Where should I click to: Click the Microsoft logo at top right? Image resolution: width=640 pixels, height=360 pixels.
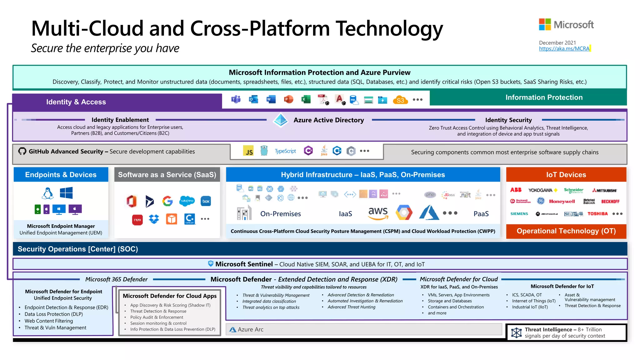point(566,24)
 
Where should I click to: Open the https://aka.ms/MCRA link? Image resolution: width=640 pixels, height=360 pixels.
point(564,49)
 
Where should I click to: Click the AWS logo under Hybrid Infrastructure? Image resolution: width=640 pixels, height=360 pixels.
point(378,213)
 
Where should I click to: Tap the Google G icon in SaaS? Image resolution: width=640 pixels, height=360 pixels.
point(167,201)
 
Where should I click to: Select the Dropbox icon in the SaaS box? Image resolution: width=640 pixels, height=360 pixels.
point(154,219)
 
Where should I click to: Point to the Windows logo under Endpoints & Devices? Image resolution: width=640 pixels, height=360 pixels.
point(66,193)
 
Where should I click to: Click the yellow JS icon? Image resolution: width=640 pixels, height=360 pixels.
point(248,151)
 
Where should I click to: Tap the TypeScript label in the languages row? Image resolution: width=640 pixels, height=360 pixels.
point(285,151)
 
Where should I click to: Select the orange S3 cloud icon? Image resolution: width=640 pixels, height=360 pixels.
point(400,100)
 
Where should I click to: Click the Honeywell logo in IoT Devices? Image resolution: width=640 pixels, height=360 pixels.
point(562,202)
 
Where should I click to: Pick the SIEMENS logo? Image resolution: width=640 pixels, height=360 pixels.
point(519,214)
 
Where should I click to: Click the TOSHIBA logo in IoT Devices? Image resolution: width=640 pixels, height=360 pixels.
point(597,214)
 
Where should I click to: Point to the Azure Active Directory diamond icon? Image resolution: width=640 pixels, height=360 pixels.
point(280,120)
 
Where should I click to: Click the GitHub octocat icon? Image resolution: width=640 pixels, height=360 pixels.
point(22,151)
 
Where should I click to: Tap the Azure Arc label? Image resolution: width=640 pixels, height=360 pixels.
point(250,329)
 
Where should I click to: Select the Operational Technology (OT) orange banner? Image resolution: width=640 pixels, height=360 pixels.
point(566,231)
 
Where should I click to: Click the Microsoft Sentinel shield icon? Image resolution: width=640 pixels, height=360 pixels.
point(211,264)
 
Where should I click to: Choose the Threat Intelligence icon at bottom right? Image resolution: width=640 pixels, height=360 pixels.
point(516,332)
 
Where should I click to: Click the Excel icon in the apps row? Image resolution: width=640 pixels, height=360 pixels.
point(306,99)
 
